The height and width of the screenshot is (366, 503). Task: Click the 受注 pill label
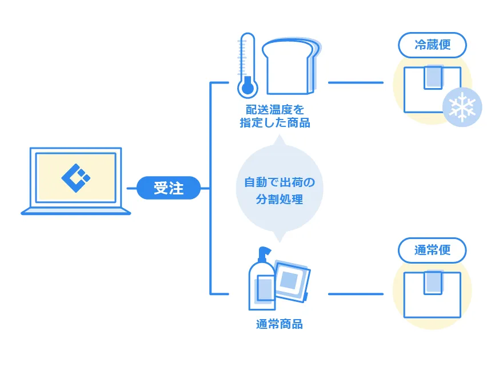(x=169, y=188)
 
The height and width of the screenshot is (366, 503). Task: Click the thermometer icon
(x=247, y=65)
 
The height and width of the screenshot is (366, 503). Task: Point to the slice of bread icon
(x=289, y=66)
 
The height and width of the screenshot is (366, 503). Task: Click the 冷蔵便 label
(x=432, y=45)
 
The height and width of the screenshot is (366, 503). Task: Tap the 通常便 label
(x=432, y=250)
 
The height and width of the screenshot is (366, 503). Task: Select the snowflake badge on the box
(x=462, y=107)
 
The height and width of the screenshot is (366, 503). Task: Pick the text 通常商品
(x=279, y=324)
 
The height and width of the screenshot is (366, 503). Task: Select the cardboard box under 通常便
(x=432, y=294)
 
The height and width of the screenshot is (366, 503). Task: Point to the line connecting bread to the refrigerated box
(x=356, y=83)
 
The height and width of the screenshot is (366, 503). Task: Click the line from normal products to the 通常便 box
(x=356, y=294)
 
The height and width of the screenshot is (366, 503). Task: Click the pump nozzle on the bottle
(x=264, y=252)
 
